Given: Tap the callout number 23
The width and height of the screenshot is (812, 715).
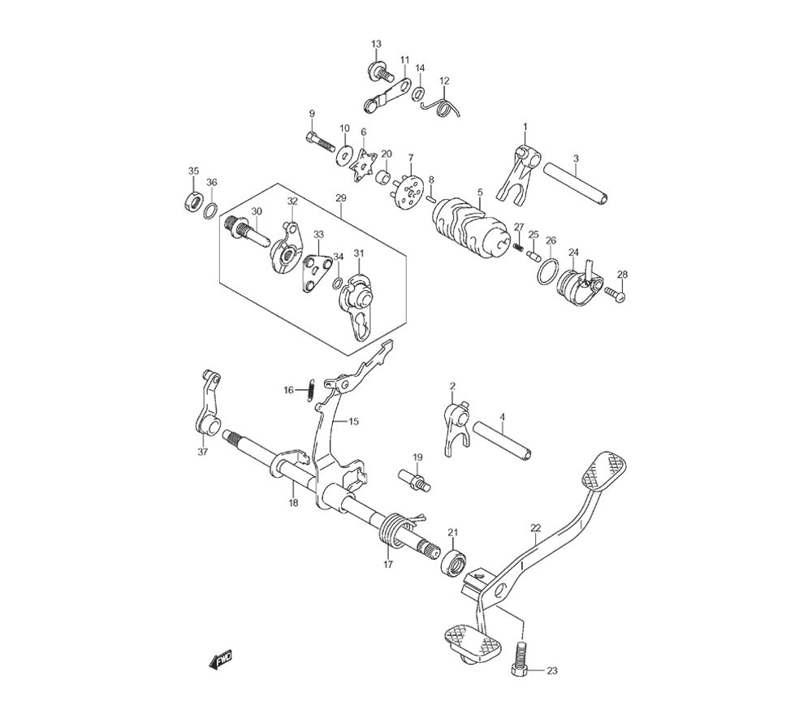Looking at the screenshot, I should [x=551, y=671].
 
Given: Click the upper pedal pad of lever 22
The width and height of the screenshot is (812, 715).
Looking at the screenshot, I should [x=608, y=470].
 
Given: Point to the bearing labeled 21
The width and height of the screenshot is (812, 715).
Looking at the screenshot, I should [x=453, y=561].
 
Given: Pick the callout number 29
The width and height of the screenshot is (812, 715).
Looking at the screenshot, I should [x=340, y=198].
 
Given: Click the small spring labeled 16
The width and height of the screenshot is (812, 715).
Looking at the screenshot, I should [x=311, y=390].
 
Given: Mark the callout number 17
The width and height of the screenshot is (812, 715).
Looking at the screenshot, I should [x=387, y=563].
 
